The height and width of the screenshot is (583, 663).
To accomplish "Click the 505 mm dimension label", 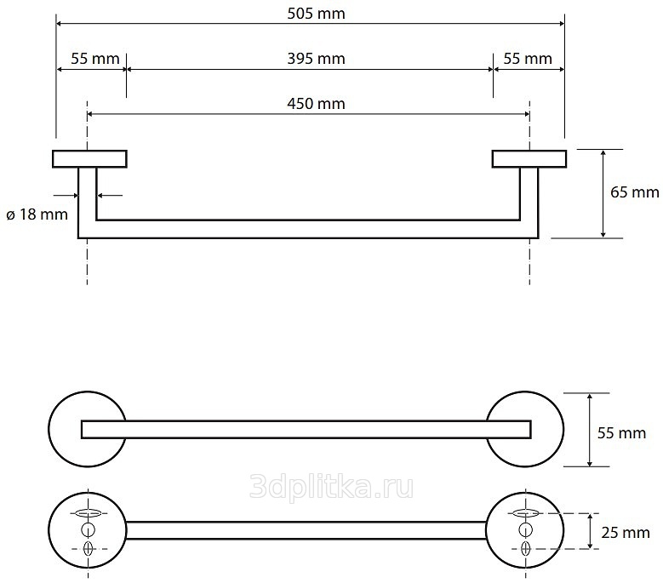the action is [x=316, y=14].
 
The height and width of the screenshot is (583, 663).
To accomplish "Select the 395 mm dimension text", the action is [x=316, y=59].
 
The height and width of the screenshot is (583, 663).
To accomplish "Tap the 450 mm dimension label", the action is [x=316, y=104].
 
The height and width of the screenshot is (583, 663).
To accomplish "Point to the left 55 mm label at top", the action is [x=95, y=59].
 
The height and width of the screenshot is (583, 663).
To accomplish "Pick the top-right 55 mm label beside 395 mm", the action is [x=528, y=59].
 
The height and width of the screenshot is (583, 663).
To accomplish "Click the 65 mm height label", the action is [x=635, y=192].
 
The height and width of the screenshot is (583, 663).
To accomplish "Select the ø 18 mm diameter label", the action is [x=37, y=214].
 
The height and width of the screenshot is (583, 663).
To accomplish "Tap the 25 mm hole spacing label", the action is [x=626, y=532].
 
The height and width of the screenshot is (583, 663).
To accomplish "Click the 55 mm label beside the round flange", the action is [x=621, y=433].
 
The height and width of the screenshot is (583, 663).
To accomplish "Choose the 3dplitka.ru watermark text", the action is [x=332, y=487].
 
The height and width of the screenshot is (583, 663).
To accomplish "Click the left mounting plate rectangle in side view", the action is [x=89, y=159].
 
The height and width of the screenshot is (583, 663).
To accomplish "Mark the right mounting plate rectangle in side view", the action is [x=529, y=159].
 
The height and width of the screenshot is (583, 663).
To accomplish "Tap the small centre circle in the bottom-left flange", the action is [x=88, y=529].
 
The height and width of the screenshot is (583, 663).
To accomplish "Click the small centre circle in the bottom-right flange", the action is [x=526, y=529].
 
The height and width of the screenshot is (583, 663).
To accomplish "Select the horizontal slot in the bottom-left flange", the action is [x=88, y=513].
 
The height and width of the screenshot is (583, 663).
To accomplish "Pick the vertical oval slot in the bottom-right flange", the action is [x=526, y=548].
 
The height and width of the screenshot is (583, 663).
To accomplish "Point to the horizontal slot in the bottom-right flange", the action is [x=526, y=513].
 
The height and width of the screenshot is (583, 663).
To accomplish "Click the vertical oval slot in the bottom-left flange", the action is [x=88, y=548].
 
